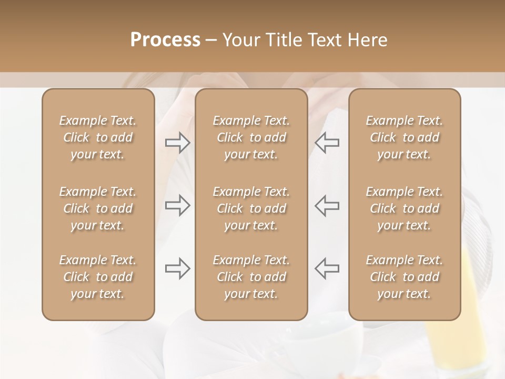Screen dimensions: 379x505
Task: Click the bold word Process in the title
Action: coord(165,40)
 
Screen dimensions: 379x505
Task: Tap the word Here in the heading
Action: coord(367,40)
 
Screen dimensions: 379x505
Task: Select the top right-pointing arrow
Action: coord(177,143)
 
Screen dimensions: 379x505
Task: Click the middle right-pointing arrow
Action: coord(177,205)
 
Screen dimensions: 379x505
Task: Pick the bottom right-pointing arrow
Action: coord(177,268)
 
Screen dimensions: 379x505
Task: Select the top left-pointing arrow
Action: coord(327,143)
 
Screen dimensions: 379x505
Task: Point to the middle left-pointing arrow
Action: coord(327,205)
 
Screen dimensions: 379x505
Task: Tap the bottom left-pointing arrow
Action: coord(327,268)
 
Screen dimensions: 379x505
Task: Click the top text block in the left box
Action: coord(98,137)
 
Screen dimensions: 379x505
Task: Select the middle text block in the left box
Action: coord(98,208)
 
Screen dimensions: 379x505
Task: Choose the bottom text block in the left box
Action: coord(98,277)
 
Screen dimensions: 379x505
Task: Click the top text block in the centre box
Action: coord(251,137)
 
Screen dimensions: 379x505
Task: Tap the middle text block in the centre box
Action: coord(251,208)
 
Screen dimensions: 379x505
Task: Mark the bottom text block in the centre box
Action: coord(251,277)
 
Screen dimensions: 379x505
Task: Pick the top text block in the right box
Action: coord(405,137)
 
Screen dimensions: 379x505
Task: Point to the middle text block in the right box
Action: coord(405,208)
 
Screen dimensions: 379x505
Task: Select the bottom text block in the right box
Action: coord(405,277)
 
